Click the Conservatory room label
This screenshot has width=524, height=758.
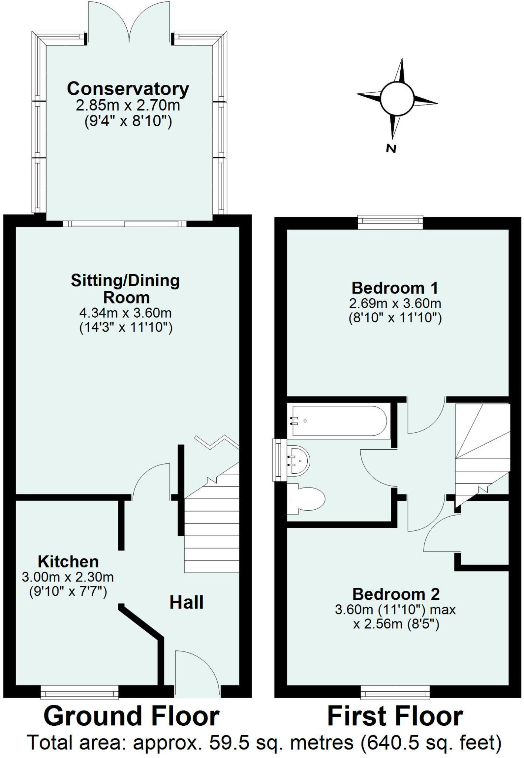click(128, 89)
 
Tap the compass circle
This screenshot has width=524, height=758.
click(396, 98)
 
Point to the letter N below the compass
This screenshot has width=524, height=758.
click(391, 149)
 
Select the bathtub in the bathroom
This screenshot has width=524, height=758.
click(339, 421)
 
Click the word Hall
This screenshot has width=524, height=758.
click(186, 603)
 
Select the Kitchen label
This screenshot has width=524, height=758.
click(68, 562)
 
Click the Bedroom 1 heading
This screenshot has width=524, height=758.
click(395, 288)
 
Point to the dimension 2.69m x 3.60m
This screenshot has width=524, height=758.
click(395, 304)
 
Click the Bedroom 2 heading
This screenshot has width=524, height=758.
click(396, 594)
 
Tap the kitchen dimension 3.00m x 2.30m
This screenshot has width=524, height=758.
click(68, 577)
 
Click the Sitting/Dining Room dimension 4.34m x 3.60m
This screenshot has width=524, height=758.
click(126, 313)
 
